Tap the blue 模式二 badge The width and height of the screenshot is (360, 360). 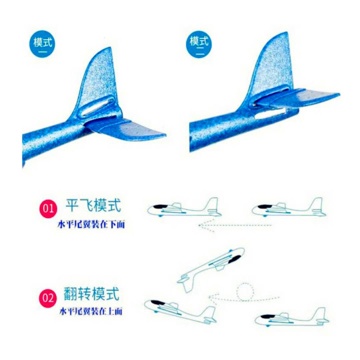point(199,42)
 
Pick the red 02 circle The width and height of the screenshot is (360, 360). point(47,299)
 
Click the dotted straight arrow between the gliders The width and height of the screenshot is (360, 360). point(235,225)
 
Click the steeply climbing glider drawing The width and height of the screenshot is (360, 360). point(210,267)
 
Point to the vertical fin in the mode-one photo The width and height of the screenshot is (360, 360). point(102,80)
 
